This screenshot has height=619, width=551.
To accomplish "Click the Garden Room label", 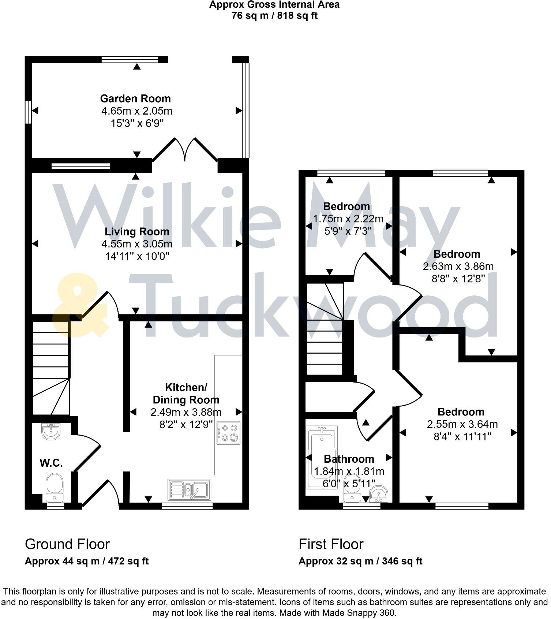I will tap(135, 98).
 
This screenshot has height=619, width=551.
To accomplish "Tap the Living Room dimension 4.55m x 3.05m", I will tap(137, 244).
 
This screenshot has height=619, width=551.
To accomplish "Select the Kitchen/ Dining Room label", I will tap(186, 394).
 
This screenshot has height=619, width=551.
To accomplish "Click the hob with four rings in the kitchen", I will tap(229, 433).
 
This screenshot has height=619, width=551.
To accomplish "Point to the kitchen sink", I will tap(189, 490).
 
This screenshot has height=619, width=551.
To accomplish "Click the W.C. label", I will tap(51, 463).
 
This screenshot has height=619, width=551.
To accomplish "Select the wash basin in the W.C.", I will tap(51, 431).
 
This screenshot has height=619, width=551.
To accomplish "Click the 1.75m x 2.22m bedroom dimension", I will tap(348, 219).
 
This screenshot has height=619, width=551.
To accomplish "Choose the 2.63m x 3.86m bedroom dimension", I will tap(458, 266).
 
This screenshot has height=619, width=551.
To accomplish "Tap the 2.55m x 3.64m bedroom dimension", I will tap(462, 424).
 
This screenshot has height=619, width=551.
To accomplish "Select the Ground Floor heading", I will tap(67, 544).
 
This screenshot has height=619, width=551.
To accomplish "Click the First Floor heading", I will tap(331, 544).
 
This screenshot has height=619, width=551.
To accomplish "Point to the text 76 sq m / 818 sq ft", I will tap(274, 16).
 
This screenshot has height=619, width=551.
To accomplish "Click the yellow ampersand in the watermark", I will tap(79, 307).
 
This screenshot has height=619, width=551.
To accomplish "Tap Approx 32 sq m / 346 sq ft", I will tap(360, 561).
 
